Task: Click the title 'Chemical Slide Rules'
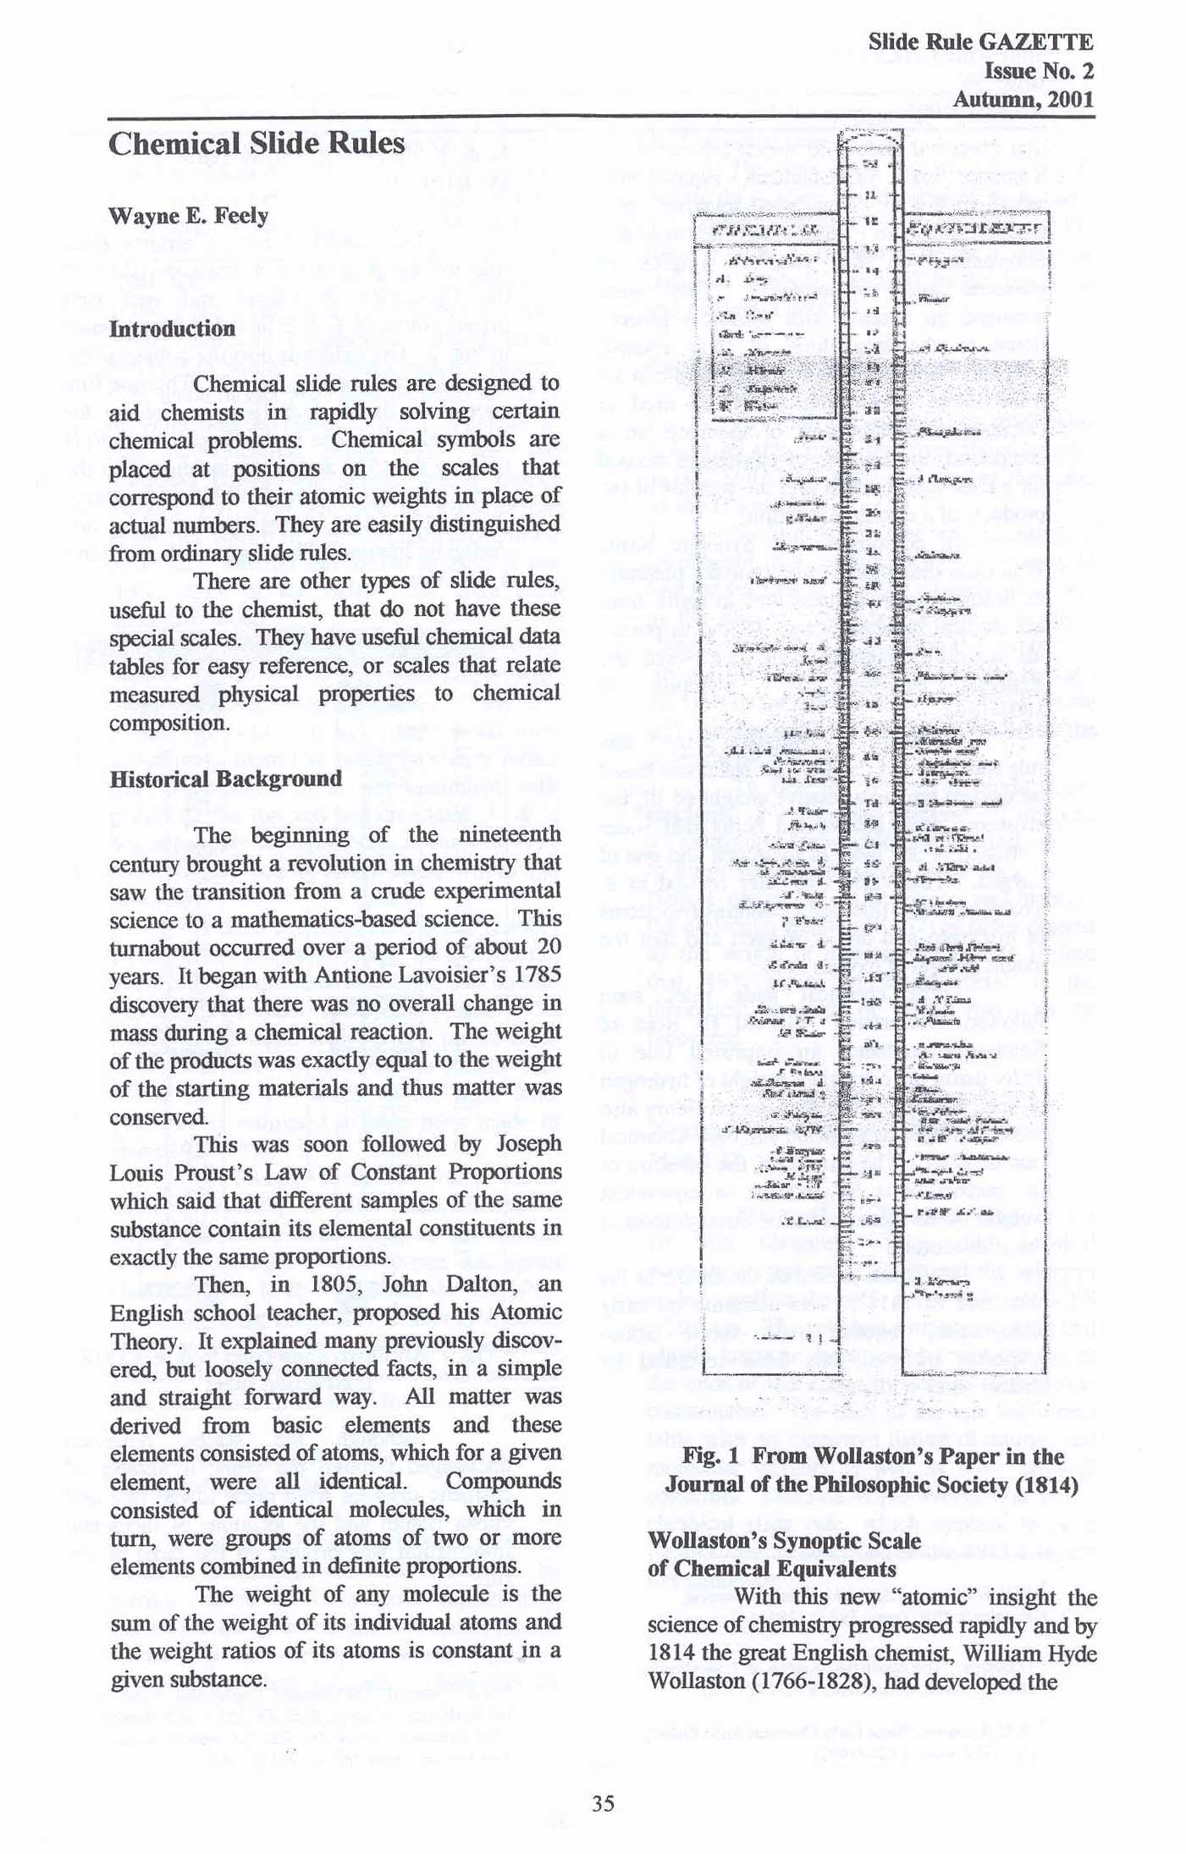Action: pyautogui.click(x=257, y=144)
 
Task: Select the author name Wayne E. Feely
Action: pyautogui.click(x=188, y=216)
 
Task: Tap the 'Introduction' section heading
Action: pyautogui.click(x=172, y=328)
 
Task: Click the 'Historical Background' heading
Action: pyautogui.click(x=225, y=778)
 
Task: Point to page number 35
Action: pyautogui.click(x=603, y=1803)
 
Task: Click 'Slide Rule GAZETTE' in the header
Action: pyautogui.click(x=980, y=41)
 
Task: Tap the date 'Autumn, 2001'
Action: pyautogui.click(x=1023, y=99)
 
